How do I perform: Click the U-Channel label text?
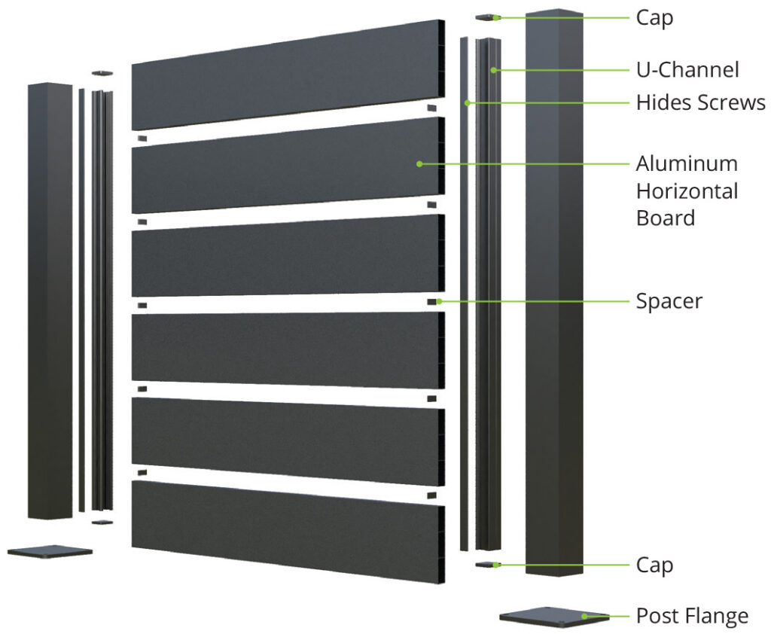click(687, 70)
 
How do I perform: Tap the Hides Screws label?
click(700, 102)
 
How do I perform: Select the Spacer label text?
click(669, 301)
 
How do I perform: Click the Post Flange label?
click(692, 616)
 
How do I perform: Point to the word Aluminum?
click(687, 163)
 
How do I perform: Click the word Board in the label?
click(665, 218)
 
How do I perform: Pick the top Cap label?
click(654, 17)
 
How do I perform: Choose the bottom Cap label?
click(654, 565)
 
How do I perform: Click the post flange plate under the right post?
click(554, 616)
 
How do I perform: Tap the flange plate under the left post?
click(50, 551)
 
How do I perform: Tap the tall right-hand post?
click(553, 294)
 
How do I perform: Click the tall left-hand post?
click(50, 301)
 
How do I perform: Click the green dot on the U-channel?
click(493, 70)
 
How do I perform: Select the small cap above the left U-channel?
click(102, 73)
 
